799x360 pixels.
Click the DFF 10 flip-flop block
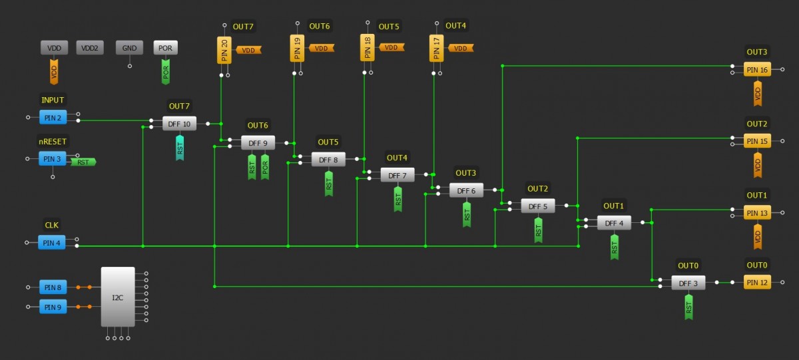[x=180, y=124]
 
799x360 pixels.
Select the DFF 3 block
[x=688, y=283]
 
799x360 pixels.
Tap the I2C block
[x=118, y=297]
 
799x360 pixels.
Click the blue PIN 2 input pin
[x=53, y=118]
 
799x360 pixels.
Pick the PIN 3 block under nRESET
[x=53, y=159]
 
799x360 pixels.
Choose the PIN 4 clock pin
[x=53, y=243]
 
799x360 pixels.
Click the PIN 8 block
[x=53, y=287]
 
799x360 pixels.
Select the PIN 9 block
[x=53, y=307]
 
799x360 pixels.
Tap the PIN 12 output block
[x=757, y=283]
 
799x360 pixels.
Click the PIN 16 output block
[x=757, y=70]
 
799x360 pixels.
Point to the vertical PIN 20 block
[x=224, y=50]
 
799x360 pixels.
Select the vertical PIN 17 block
[x=436, y=49]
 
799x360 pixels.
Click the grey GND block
[x=129, y=48]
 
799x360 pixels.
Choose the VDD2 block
[x=90, y=48]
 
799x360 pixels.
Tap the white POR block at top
[x=166, y=48]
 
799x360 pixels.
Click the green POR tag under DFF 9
[x=265, y=167]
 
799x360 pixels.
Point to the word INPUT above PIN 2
[x=53, y=100]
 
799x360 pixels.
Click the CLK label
[x=51, y=226]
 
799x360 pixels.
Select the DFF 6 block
[x=467, y=190]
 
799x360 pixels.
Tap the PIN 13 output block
[x=757, y=213]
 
